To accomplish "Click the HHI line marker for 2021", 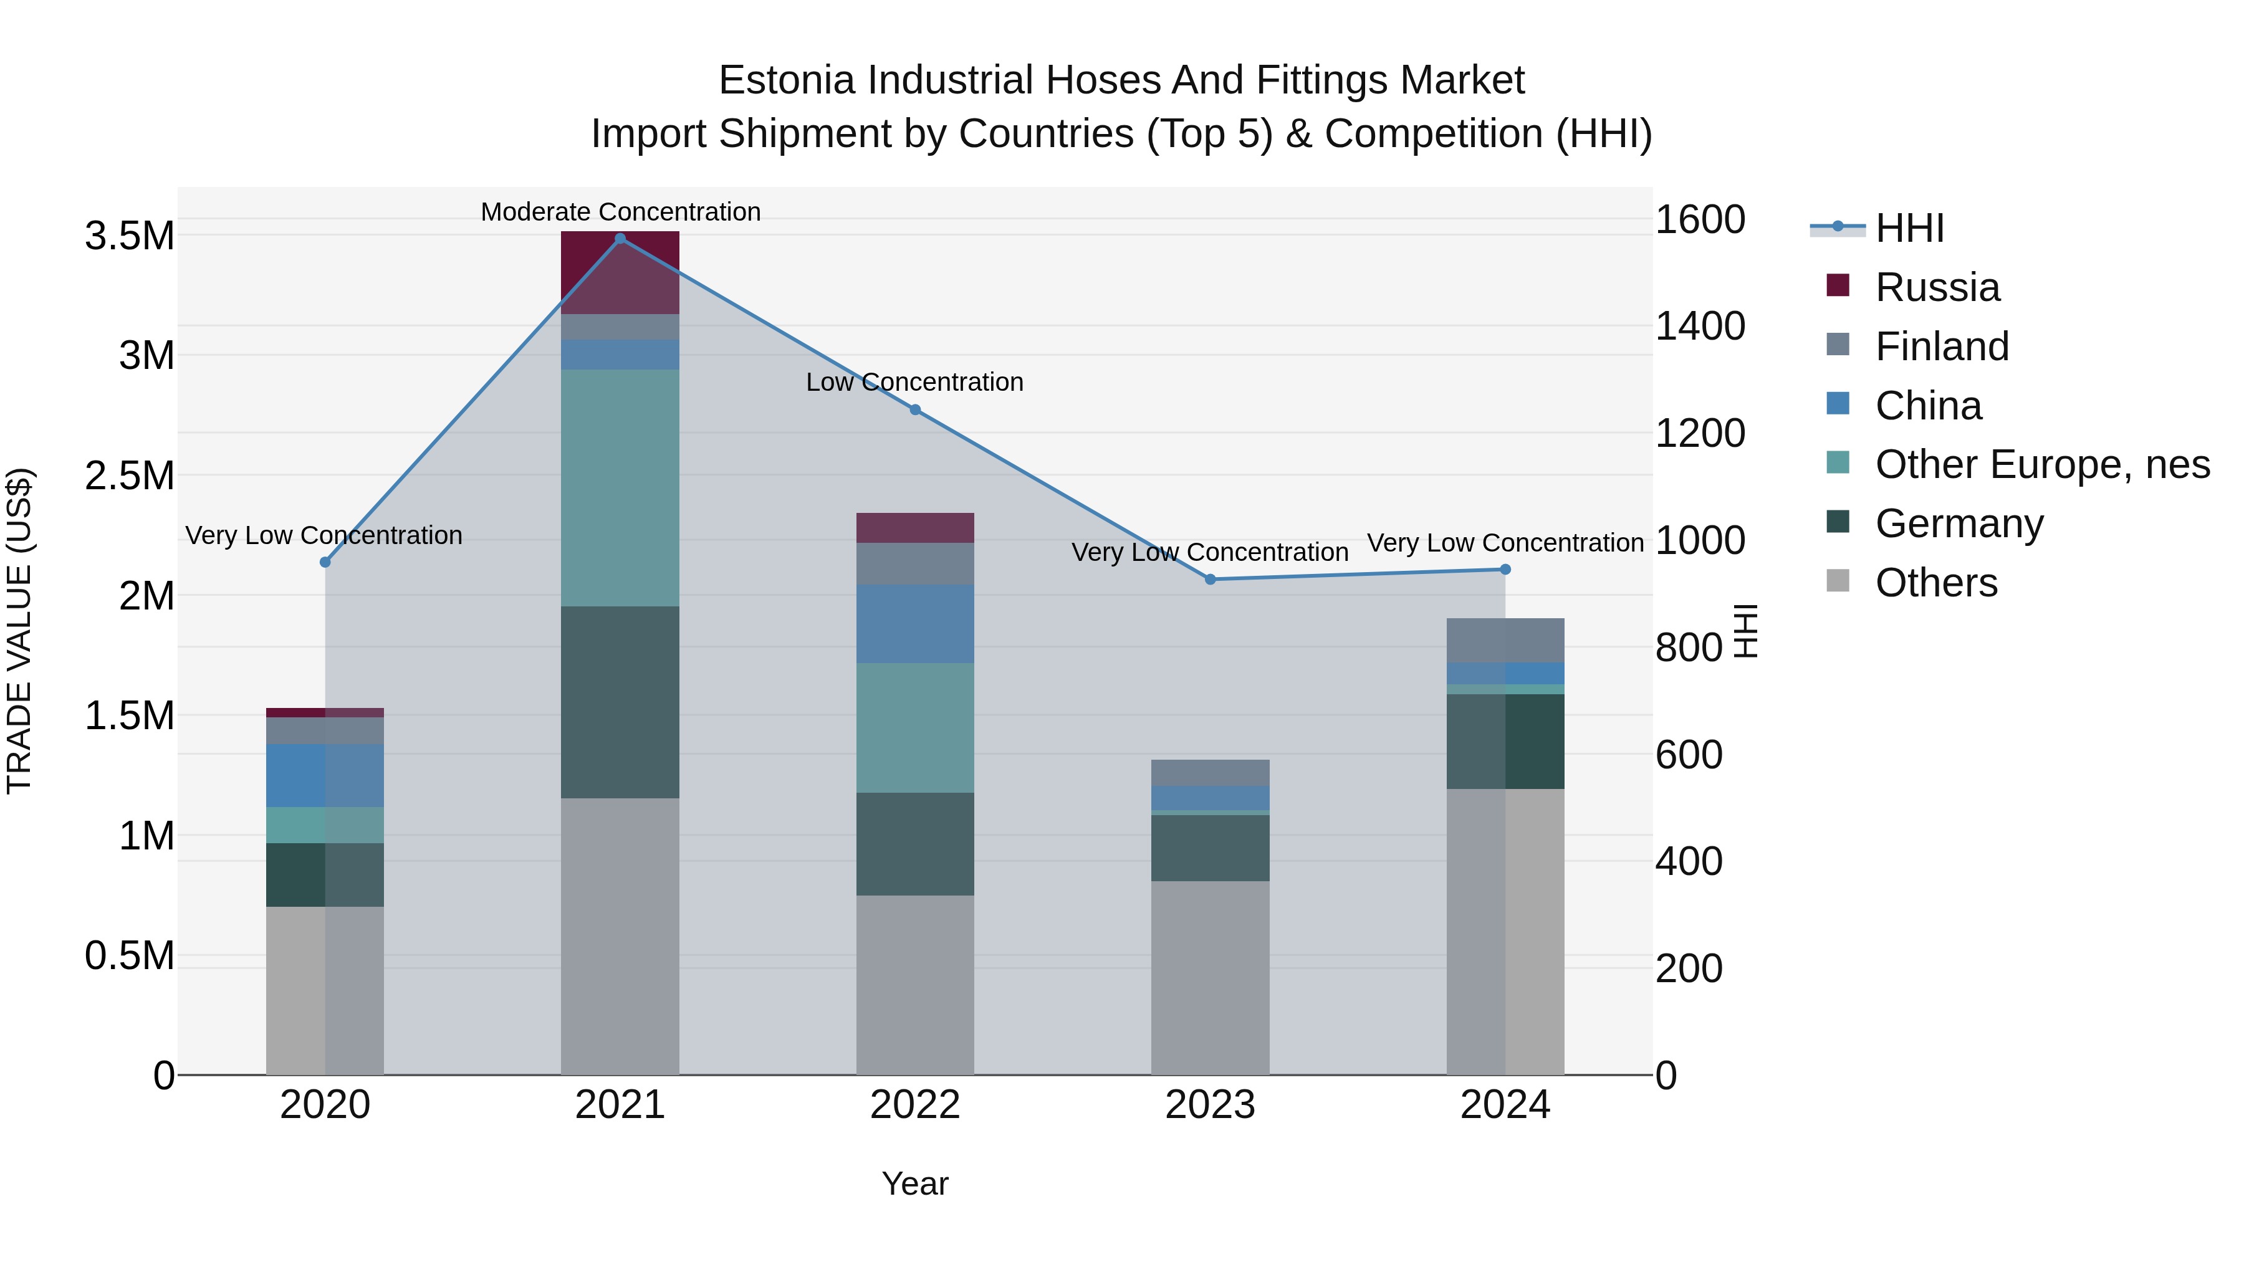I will [620, 239].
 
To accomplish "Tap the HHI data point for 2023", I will [1210, 579].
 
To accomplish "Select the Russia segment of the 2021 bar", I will [620, 272].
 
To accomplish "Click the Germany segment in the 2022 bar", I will [914, 843].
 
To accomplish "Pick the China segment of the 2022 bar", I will [914, 624].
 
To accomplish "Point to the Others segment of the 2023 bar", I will [1210, 977].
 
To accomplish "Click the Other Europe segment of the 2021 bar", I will [620, 488].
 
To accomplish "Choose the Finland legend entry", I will [1941, 347].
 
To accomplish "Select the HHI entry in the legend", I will [1908, 228].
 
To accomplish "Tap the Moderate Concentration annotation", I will [620, 212].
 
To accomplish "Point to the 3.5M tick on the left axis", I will [129, 236].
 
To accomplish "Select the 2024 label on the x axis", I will [1505, 1105].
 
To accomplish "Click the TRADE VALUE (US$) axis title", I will [19, 631].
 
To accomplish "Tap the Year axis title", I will [914, 1183].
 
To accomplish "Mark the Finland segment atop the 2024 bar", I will [1505, 640].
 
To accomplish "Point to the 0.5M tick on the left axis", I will [129, 955].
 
